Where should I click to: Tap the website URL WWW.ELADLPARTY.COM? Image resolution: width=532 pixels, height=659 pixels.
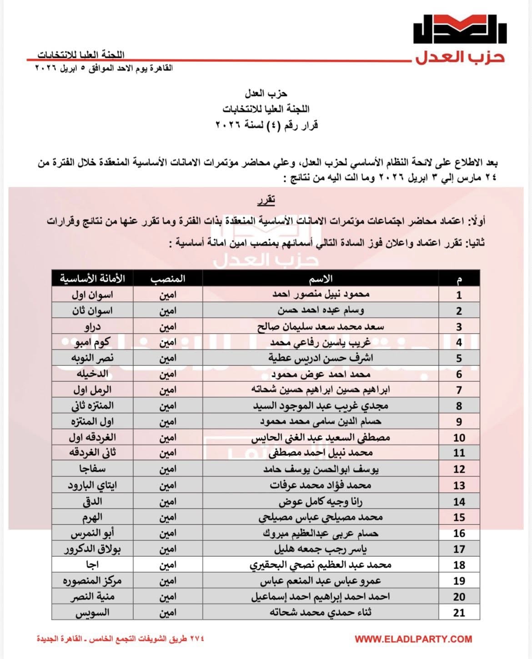point(413,639)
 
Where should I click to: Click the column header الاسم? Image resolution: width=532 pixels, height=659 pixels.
point(321,279)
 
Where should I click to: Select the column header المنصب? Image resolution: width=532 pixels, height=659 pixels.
point(168,279)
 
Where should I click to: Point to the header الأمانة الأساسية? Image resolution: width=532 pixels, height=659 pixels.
point(92,279)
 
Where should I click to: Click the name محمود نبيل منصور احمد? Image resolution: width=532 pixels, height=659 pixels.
point(321,295)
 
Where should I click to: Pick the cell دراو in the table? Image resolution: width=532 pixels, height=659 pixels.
point(92,326)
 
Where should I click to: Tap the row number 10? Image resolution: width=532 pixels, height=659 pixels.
point(459,438)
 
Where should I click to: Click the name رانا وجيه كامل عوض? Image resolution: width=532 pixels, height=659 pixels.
point(321,501)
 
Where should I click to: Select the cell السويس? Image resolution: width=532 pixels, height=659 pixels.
point(92,612)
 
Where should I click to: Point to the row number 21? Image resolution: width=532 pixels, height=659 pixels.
point(459,612)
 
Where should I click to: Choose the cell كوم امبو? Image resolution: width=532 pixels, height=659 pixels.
point(92,342)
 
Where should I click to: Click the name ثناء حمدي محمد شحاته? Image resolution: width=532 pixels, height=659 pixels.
point(321,612)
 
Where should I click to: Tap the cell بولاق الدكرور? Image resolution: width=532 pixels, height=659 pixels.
point(92,549)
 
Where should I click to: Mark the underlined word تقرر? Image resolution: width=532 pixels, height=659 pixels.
point(266,200)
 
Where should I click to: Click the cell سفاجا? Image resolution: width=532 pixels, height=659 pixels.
point(92,469)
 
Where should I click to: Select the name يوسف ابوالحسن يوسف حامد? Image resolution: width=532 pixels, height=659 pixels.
point(321,469)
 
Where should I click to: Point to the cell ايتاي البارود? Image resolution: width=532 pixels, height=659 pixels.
point(92,485)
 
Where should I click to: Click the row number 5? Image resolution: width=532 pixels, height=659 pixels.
point(459,358)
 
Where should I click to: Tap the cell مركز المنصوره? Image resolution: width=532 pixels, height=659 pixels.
point(92,580)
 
